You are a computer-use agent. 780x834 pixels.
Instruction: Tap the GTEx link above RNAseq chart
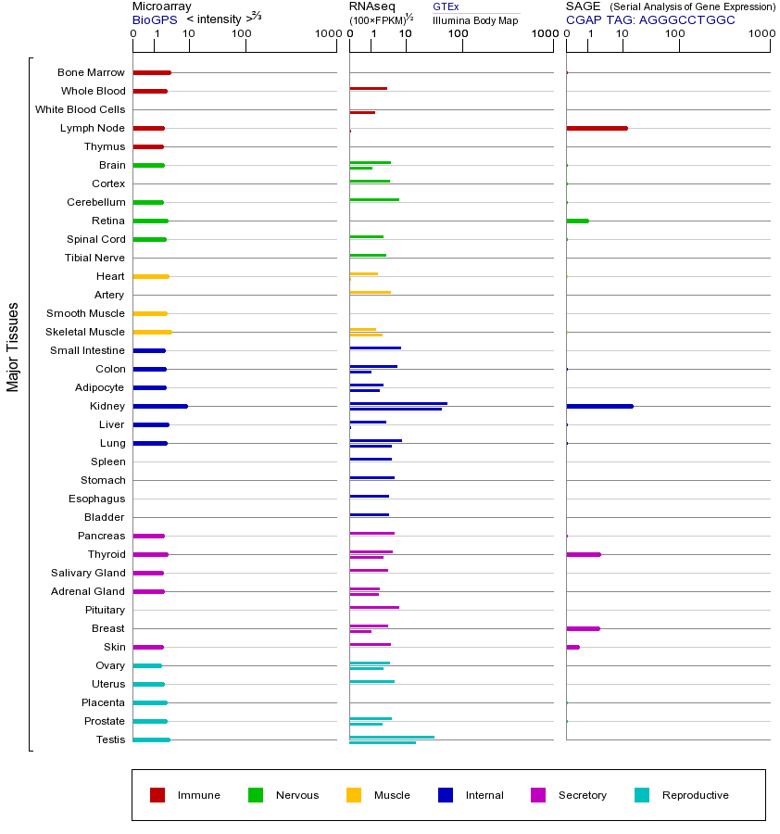[446, 6]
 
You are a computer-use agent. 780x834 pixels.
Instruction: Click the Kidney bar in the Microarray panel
[160, 406]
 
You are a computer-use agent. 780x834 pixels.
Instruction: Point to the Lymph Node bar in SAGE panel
[597, 128]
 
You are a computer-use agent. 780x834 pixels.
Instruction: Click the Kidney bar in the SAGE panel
[599, 406]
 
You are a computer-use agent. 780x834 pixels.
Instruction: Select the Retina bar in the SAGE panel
[577, 221]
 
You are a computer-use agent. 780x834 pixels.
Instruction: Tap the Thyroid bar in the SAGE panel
[583, 554]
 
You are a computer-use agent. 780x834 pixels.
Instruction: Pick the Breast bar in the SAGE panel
[583, 628]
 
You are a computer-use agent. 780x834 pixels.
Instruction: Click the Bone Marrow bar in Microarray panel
[152, 72]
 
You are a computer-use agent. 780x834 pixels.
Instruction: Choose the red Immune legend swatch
[157, 795]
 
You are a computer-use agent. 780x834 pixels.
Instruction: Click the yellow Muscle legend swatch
[354, 795]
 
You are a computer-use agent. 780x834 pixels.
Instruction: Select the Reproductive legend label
[696, 795]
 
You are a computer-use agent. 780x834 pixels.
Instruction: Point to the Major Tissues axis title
[13, 346]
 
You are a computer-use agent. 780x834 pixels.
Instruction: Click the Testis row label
[110, 739]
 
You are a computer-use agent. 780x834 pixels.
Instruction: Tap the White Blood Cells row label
[80, 109]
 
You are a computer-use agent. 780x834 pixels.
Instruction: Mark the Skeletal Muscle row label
[85, 332]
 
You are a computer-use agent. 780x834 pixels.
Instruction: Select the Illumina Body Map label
[475, 19]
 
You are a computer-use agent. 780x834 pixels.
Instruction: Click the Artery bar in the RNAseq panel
[370, 293]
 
